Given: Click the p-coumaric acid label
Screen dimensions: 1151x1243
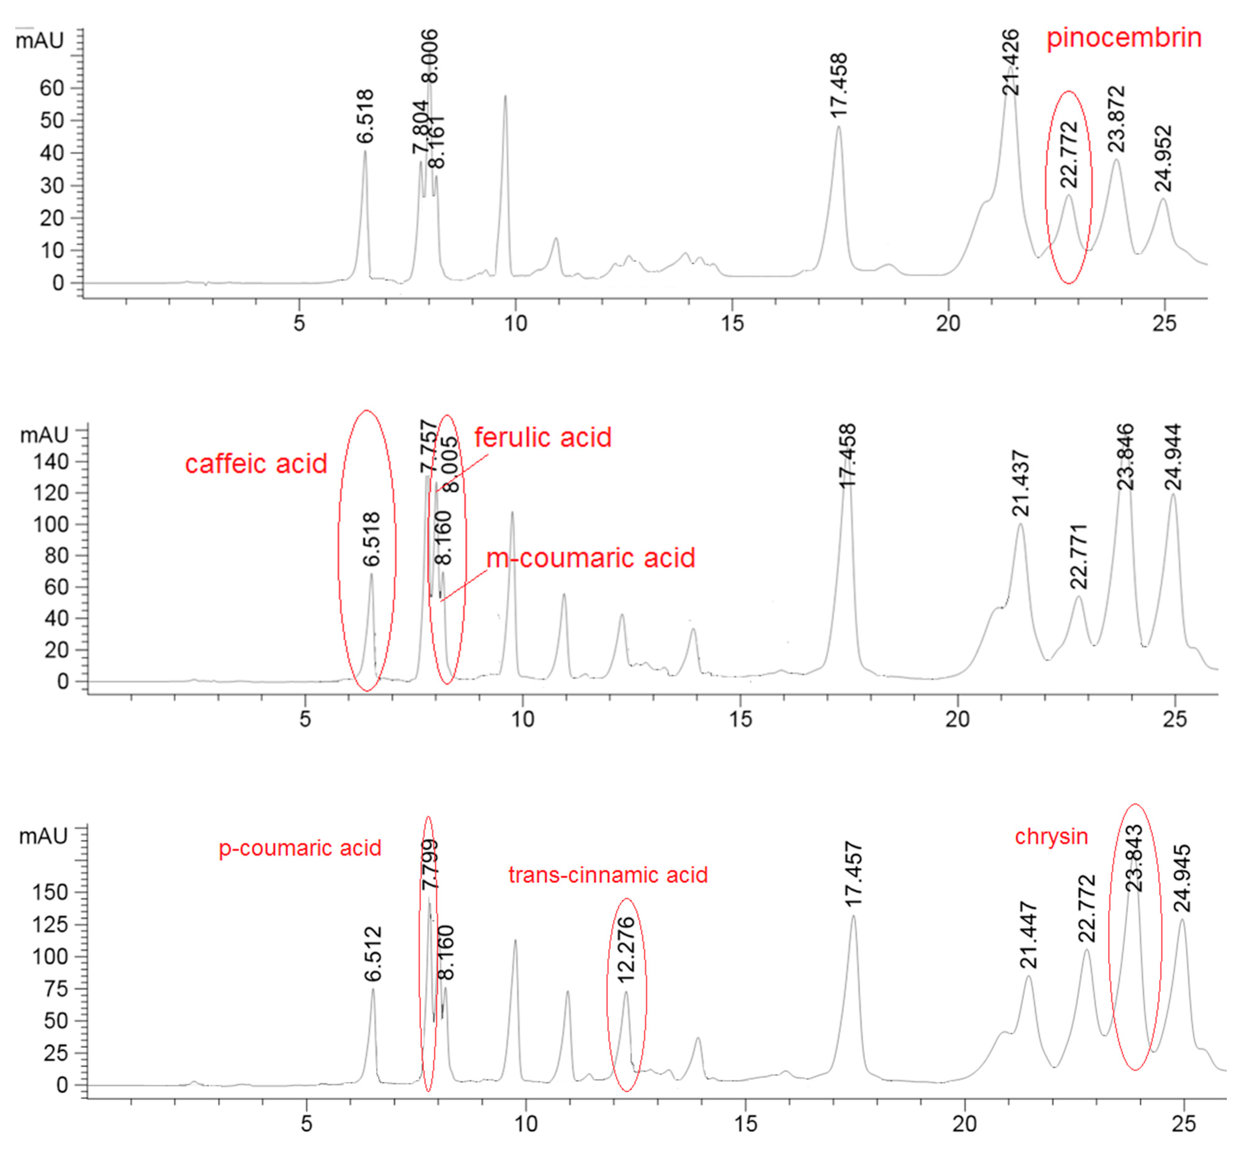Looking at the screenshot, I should click(300, 848).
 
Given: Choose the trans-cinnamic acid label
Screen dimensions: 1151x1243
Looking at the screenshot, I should click(607, 875).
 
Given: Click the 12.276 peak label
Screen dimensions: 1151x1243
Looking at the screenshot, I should click(626, 950).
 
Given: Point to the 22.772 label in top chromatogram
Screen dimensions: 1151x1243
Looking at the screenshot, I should click(1069, 154).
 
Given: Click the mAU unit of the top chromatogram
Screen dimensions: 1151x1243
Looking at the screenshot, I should click(40, 41).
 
